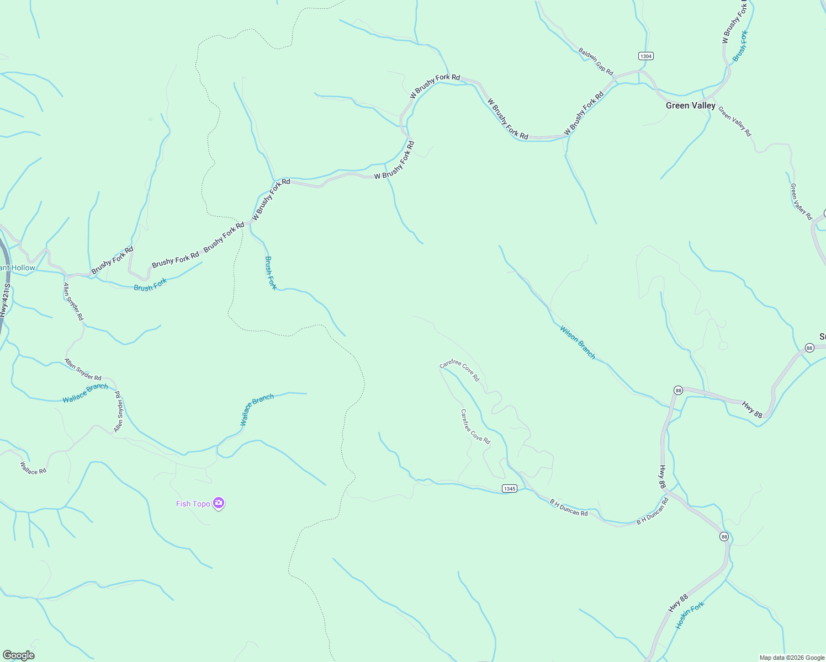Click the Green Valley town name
tap(690, 105)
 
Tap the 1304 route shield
tap(645, 56)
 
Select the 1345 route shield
tap(509, 489)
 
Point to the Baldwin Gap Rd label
tap(596, 61)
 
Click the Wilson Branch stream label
tap(578, 342)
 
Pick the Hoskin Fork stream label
tap(690, 615)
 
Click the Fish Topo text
tap(193, 504)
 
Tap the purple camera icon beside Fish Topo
tap(219, 503)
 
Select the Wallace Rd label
tap(33, 468)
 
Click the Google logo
tap(18, 655)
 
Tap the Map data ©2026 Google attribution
tap(792, 658)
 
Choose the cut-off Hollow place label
tap(18, 268)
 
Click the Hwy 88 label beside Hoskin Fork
tap(678, 603)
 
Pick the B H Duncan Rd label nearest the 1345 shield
tap(569, 508)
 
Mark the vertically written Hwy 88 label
tap(663, 476)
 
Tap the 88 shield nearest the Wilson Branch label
tap(678, 391)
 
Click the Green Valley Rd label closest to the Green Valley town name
tap(735, 121)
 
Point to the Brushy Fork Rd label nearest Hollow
tap(112, 260)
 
